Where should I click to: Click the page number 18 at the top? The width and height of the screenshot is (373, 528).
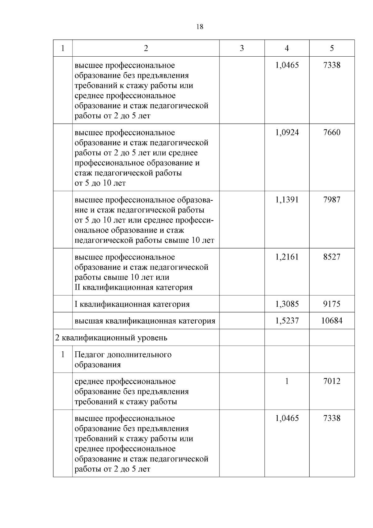coord(200,27)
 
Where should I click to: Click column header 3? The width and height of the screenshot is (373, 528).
coord(242,48)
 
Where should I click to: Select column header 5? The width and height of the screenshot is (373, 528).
coord(332,48)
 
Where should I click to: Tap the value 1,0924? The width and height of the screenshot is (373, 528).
coord(287,133)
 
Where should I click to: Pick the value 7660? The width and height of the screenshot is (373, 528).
coord(332,133)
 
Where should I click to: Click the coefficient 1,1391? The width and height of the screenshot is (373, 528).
coord(287,200)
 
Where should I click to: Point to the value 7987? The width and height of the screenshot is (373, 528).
coord(332,200)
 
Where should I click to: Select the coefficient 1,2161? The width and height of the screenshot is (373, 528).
coord(287,257)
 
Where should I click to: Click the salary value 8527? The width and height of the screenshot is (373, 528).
coord(332,257)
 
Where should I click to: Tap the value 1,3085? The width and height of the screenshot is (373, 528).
coord(287,304)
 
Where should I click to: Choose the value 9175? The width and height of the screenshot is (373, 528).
coord(332,304)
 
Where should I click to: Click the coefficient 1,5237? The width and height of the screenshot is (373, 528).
coord(287,321)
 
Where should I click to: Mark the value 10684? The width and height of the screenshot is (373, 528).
coord(332,321)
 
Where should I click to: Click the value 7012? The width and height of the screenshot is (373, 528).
coord(332,381)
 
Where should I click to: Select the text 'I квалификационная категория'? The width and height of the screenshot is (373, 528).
coord(132,304)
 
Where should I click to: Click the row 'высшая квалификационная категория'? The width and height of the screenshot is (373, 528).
coord(145,321)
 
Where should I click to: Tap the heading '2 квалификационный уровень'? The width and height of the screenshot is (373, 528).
coord(111,338)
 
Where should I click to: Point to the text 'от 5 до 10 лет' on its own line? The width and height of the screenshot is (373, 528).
coord(100,183)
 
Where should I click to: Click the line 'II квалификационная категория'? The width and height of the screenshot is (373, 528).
coord(133,287)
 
